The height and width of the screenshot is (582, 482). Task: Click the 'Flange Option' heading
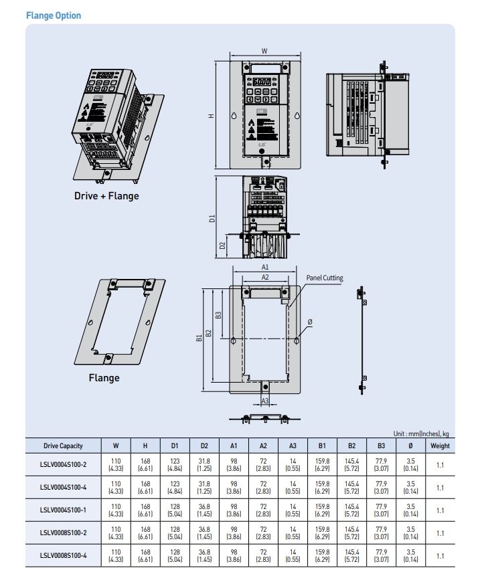click(x=53, y=15)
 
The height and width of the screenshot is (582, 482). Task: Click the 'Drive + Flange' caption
click(x=106, y=196)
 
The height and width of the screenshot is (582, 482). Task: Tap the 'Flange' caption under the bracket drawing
click(x=104, y=378)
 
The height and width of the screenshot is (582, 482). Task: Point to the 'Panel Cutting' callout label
click(x=325, y=277)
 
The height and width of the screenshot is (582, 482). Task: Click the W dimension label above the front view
click(x=264, y=51)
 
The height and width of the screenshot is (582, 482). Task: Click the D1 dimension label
click(x=212, y=219)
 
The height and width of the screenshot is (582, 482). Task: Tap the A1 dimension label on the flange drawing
click(x=264, y=267)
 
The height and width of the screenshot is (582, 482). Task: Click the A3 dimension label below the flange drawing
click(x=264, y=401)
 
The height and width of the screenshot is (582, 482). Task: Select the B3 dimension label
click(x=218, y=314)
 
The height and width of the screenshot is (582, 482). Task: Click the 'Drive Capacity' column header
click(x=63, y=446)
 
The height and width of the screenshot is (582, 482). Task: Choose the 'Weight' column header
click(x=440, y=446)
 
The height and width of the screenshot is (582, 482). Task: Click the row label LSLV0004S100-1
click(x=63, y=510)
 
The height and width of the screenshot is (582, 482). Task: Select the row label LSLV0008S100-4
click(x=63, y=555)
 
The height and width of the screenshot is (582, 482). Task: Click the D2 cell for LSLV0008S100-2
click(x=204, y=533)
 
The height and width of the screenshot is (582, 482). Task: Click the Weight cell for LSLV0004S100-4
click(x=440, y=488)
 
